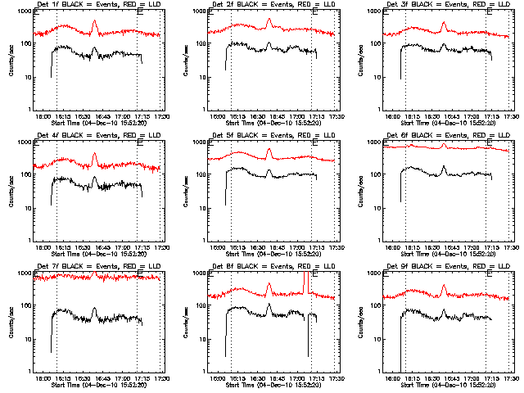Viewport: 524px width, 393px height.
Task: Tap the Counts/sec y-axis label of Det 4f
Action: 11,191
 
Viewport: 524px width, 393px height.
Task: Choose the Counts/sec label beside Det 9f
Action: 361,321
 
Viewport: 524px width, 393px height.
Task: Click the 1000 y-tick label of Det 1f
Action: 25,11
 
